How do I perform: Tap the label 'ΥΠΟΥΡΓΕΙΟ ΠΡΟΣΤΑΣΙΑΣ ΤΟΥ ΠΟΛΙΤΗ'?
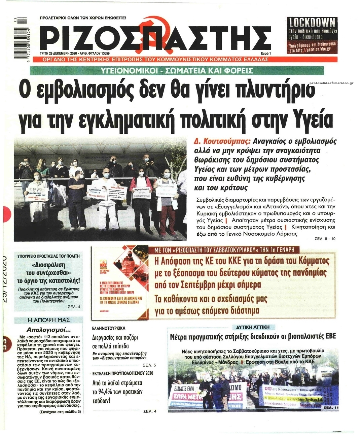pyautogui.click(x=48, y=256)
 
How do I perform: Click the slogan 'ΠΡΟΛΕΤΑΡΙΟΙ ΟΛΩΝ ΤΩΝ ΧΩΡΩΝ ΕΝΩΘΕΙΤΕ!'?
pyautogui.click(x=82, y=17)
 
